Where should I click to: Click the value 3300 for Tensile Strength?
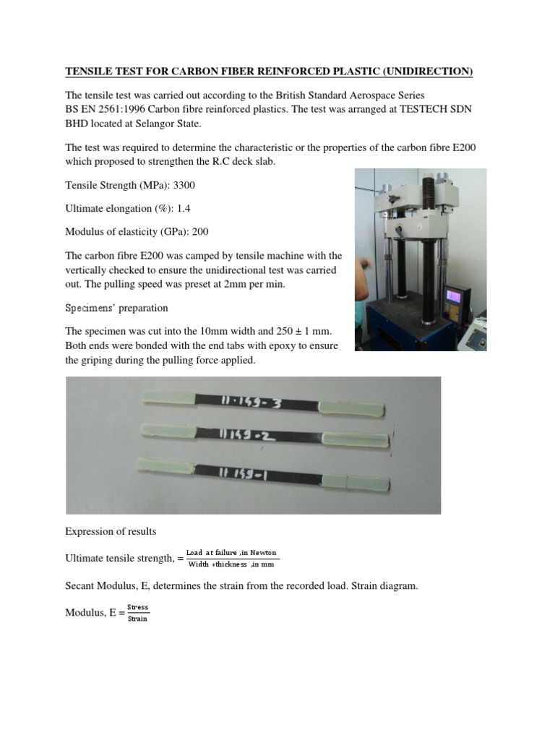pyautogui.click(x=184, y=186)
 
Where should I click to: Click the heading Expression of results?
pyautogui.click(x=111, y=531)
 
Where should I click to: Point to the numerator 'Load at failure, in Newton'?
pyautogui.click(x=231, y=553)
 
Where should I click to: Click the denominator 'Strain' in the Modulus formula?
pyautogui.click(x=137, y=619)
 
